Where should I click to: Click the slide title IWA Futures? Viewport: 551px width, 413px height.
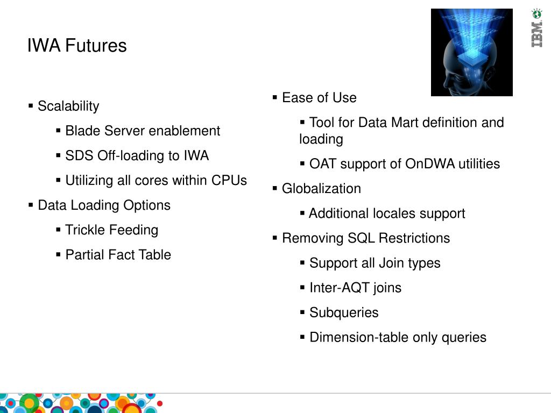77,46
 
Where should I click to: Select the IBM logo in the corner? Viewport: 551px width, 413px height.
536,29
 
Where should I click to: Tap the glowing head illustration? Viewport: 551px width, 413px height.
471,52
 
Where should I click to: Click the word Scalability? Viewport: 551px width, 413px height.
68,106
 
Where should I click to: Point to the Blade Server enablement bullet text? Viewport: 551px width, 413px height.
143,131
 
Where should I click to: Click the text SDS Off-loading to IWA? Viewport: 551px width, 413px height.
137,155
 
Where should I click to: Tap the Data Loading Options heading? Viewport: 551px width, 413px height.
104,205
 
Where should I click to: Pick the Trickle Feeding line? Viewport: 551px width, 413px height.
111,230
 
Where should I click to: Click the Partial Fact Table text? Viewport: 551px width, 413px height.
118,254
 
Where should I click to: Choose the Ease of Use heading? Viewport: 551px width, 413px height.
319,97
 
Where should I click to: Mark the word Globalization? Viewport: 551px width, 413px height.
321,188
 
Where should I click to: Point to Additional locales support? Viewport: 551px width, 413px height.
387,213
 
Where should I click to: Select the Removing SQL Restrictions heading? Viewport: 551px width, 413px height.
366,238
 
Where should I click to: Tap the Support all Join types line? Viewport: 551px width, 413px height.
375,263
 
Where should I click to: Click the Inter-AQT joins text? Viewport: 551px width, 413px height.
355,288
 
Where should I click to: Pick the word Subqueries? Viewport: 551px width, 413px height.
344,312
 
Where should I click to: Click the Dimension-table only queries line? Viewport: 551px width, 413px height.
398,337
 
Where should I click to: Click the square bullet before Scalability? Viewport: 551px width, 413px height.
31,105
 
